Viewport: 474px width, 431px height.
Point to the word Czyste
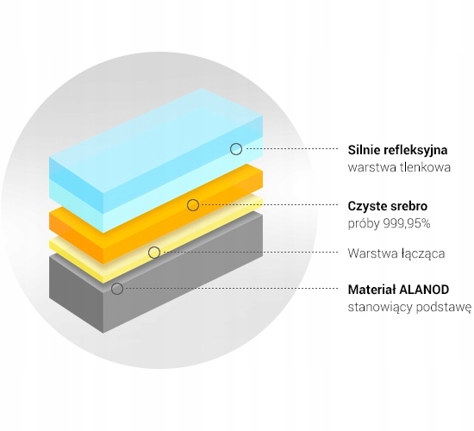click(x=365, y=207)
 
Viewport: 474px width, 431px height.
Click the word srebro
click(x=406, y=206)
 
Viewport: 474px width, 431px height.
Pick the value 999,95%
click(x=407, y=224)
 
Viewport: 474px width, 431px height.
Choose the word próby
click(x=364, y=225)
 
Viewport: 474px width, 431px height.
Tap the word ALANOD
click(x=424, y=290)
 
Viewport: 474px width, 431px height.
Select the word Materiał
click(x=371, y=290)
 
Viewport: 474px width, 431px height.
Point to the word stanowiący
click(x=380, y=308)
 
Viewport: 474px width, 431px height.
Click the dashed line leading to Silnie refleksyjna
click(x=292, y=149)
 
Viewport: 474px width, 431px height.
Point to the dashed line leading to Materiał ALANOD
click(x=232, y=288)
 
